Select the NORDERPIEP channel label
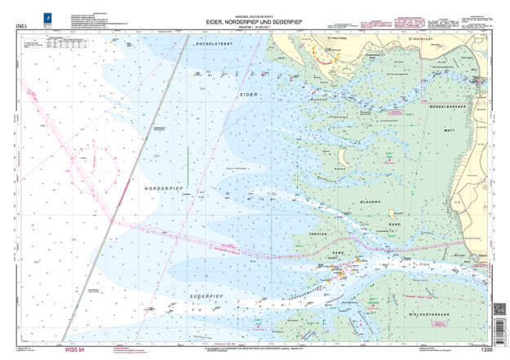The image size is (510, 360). pyautogui.click(x=167, y=189)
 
